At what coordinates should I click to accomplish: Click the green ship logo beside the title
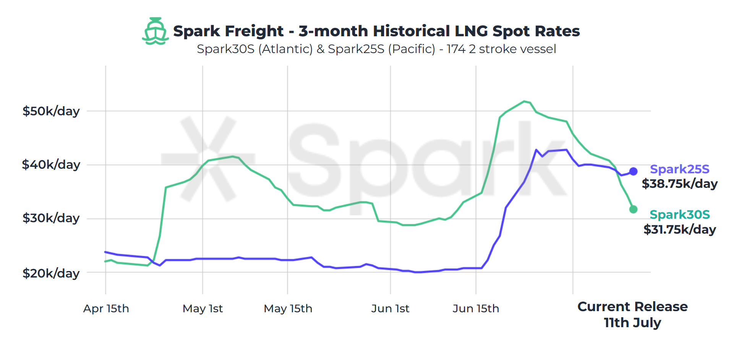click(155, 31)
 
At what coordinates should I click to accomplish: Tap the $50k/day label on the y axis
click(51, 111)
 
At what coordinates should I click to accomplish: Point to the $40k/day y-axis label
click(51, 165)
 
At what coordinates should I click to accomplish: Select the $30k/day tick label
click(51, 218)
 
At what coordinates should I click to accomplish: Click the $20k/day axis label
click(51, 273)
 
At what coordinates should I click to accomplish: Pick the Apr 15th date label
click(106, 308)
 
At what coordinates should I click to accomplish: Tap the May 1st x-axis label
click(203, 308)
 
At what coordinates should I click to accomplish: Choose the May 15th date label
click(288, 308)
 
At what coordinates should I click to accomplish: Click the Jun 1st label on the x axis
click(390, 308)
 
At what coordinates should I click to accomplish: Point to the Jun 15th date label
click(476, 308)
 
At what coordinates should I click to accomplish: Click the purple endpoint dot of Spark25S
click(633, 171)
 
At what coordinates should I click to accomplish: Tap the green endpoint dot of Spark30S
click(633, 209)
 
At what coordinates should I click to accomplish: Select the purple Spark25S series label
click(679, 169)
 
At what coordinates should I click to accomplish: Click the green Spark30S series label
click(679, 215)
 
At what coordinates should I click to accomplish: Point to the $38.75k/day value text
click(679, 184)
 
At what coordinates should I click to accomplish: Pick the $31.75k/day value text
click(679, 229)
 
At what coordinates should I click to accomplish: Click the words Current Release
click(632, 307)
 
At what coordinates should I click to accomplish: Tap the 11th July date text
click(632, 323)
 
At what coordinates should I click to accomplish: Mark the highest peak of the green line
click(525, 101)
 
